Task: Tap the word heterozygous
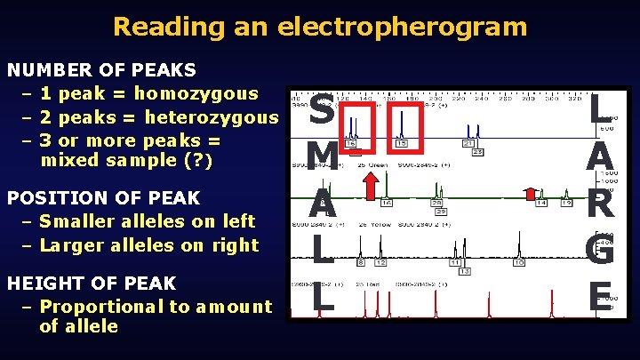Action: (211, 117)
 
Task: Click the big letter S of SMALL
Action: (322, 112)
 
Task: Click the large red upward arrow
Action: (371, 188)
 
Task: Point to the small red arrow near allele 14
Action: (530, 193)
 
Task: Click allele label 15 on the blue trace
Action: (402, 143)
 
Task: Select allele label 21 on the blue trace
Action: (469, 143)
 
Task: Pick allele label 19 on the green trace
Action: (566, 204)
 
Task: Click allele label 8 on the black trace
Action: (361, 262)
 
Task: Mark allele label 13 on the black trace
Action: (464, 270)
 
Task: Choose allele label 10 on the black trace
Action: (518, 262)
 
